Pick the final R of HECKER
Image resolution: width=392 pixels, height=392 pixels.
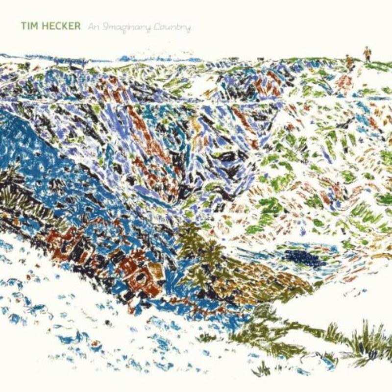tap(77, 26)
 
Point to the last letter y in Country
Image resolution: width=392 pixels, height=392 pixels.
tap(188, 28)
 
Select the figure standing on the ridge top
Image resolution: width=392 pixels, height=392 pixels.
tap(367, 53)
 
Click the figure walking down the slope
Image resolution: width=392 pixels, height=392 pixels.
tap(349, 61)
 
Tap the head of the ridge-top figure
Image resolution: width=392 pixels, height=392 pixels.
tap(367, 48)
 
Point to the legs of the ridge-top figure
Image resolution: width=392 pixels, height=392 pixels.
tap(367, 58)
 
